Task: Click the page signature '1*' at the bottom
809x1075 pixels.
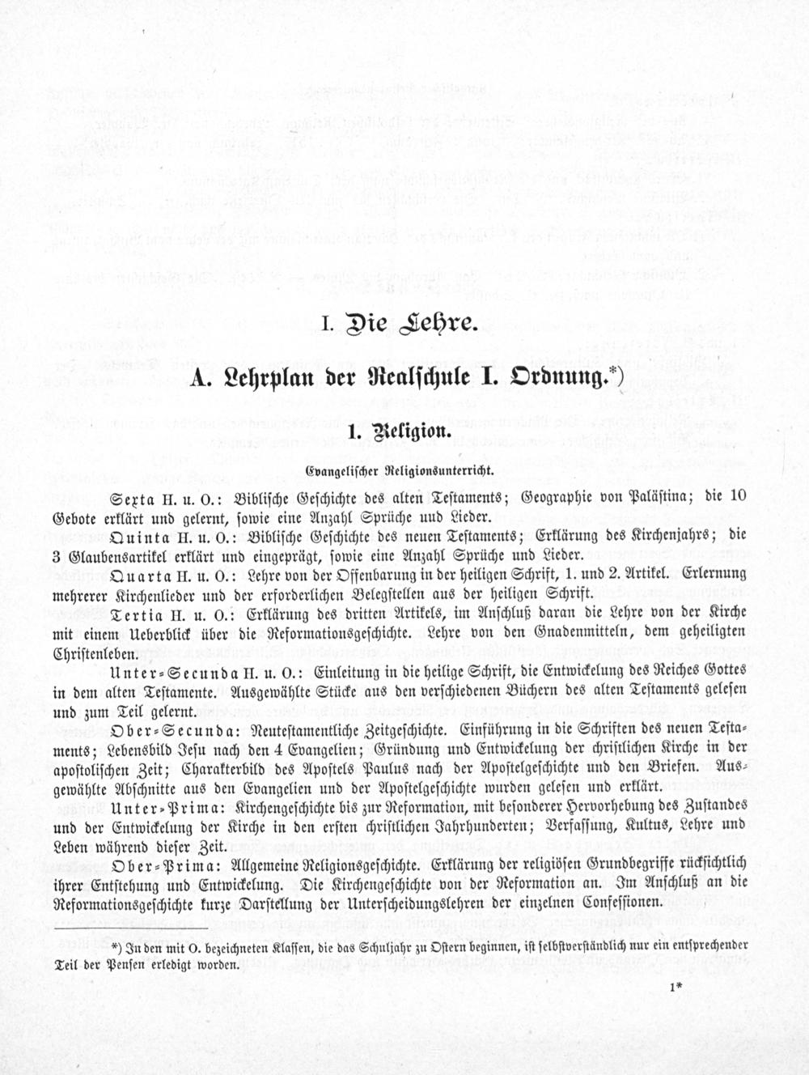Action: tap(677, 986)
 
